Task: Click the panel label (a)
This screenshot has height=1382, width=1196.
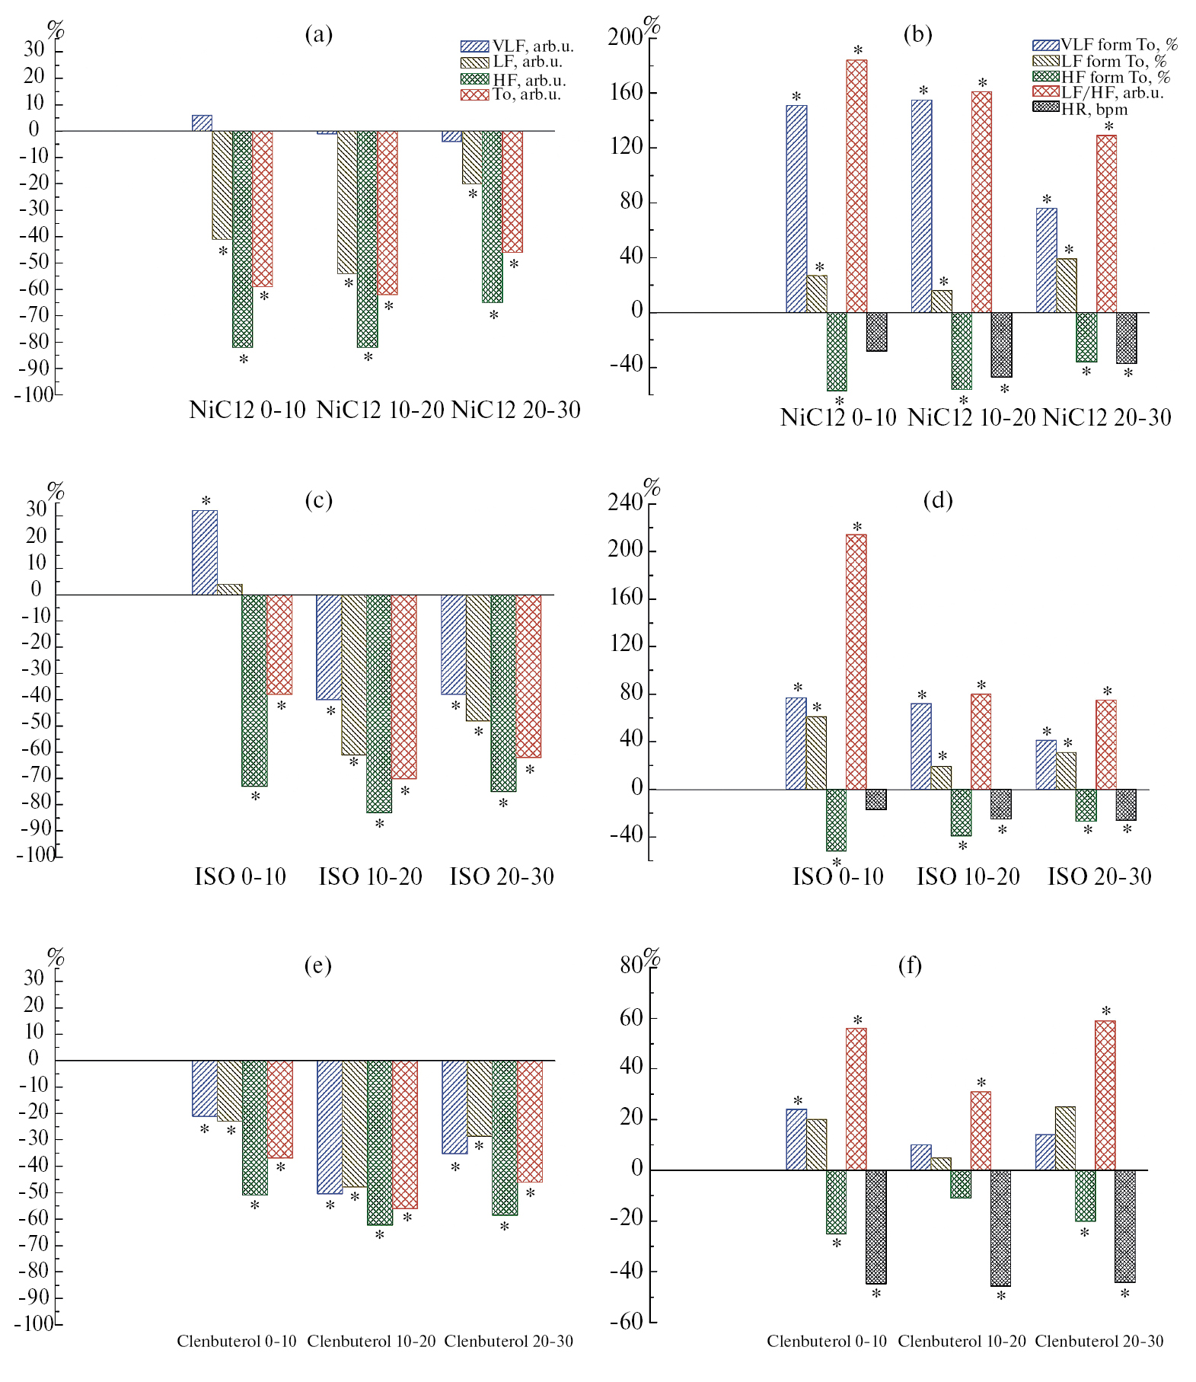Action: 318,34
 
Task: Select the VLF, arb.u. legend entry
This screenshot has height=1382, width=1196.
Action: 518,46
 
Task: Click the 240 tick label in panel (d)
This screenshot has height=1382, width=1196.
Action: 626,503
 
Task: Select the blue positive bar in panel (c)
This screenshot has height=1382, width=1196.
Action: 204,552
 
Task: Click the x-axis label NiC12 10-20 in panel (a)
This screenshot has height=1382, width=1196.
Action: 380,410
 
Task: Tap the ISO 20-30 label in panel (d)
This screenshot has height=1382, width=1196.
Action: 1099,877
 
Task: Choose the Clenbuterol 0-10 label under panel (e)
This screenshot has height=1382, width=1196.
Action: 237,1341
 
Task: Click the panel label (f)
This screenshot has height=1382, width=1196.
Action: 910,965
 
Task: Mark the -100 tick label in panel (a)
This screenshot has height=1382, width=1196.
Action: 35,395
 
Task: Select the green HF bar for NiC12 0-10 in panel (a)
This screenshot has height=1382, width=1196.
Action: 242,238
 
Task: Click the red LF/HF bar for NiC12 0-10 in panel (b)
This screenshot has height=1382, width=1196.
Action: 856,186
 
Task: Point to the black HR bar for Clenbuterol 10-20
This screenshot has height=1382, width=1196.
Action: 1000,1227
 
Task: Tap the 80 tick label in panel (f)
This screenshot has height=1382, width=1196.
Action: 631,965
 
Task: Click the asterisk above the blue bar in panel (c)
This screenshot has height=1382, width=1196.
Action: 206,501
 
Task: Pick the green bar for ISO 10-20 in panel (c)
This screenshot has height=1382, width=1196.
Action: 379,703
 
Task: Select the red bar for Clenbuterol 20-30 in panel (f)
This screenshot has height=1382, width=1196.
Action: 1105,1095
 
